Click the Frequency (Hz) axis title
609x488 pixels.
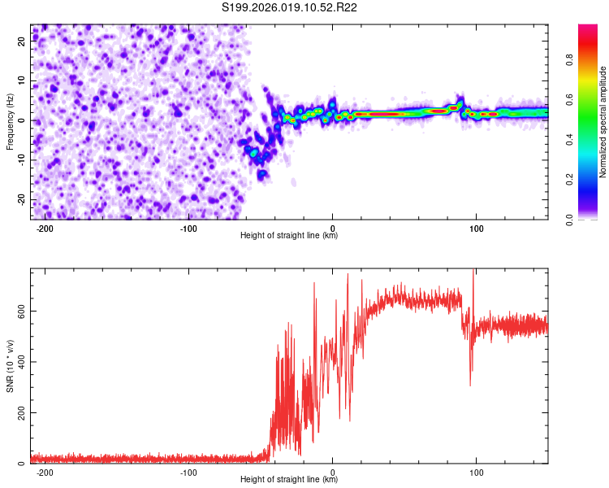(x=10, y=122)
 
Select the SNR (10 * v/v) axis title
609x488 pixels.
(x=10, y=366)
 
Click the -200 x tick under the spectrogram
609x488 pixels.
(x=45, y=229)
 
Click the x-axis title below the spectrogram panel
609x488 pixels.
(x=289, y=236)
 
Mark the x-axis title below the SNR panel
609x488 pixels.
(x=289, y=480)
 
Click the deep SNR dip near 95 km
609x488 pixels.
(x=470, y=384)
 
